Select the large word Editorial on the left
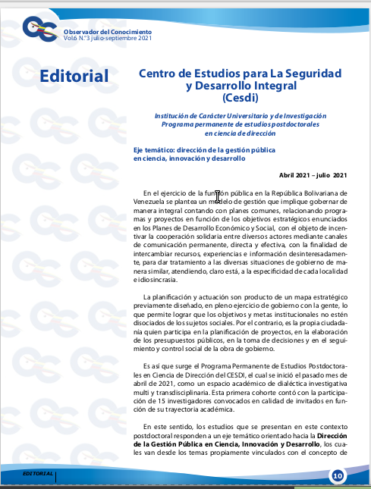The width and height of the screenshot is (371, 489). [74, 76]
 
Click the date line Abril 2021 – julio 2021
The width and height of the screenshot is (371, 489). [313, 175]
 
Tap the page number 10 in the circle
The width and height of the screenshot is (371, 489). [337, 475]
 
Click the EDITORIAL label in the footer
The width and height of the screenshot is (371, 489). [38, 473]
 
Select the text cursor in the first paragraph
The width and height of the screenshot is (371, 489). [218, 196]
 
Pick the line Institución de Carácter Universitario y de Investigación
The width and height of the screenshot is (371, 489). [242, 115]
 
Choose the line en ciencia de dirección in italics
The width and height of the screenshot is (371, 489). [242, 133]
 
